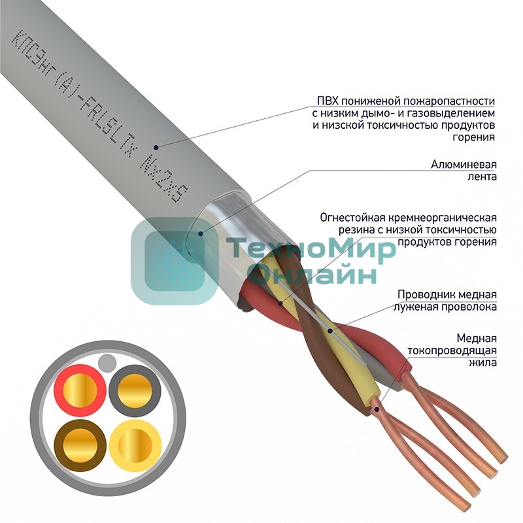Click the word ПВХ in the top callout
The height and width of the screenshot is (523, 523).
coord(328,101)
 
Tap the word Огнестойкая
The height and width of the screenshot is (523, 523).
coord(354,217)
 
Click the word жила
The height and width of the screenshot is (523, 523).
coord(484,363)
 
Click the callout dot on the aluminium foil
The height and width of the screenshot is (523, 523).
coord(199,231)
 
